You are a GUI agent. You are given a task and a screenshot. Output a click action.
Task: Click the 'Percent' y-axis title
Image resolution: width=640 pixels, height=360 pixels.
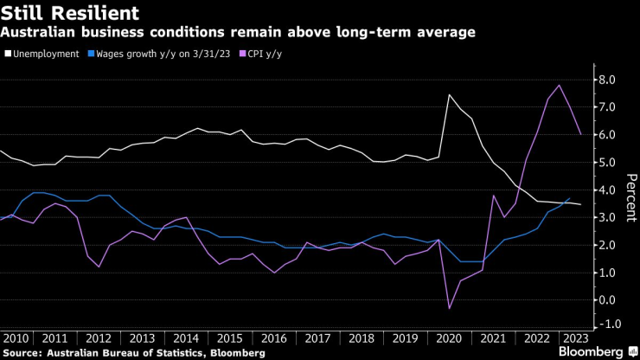coord(630,198)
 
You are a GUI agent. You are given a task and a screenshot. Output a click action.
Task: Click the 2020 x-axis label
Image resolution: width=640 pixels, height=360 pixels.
coord(450,337)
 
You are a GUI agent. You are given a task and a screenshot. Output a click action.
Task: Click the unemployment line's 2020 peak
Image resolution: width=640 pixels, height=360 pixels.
coord(449,94)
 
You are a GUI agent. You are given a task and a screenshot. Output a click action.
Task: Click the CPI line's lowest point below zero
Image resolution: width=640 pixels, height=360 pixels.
coord(450,308)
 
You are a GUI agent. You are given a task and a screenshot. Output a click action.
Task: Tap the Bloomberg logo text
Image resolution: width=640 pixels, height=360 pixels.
coord(590,352)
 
